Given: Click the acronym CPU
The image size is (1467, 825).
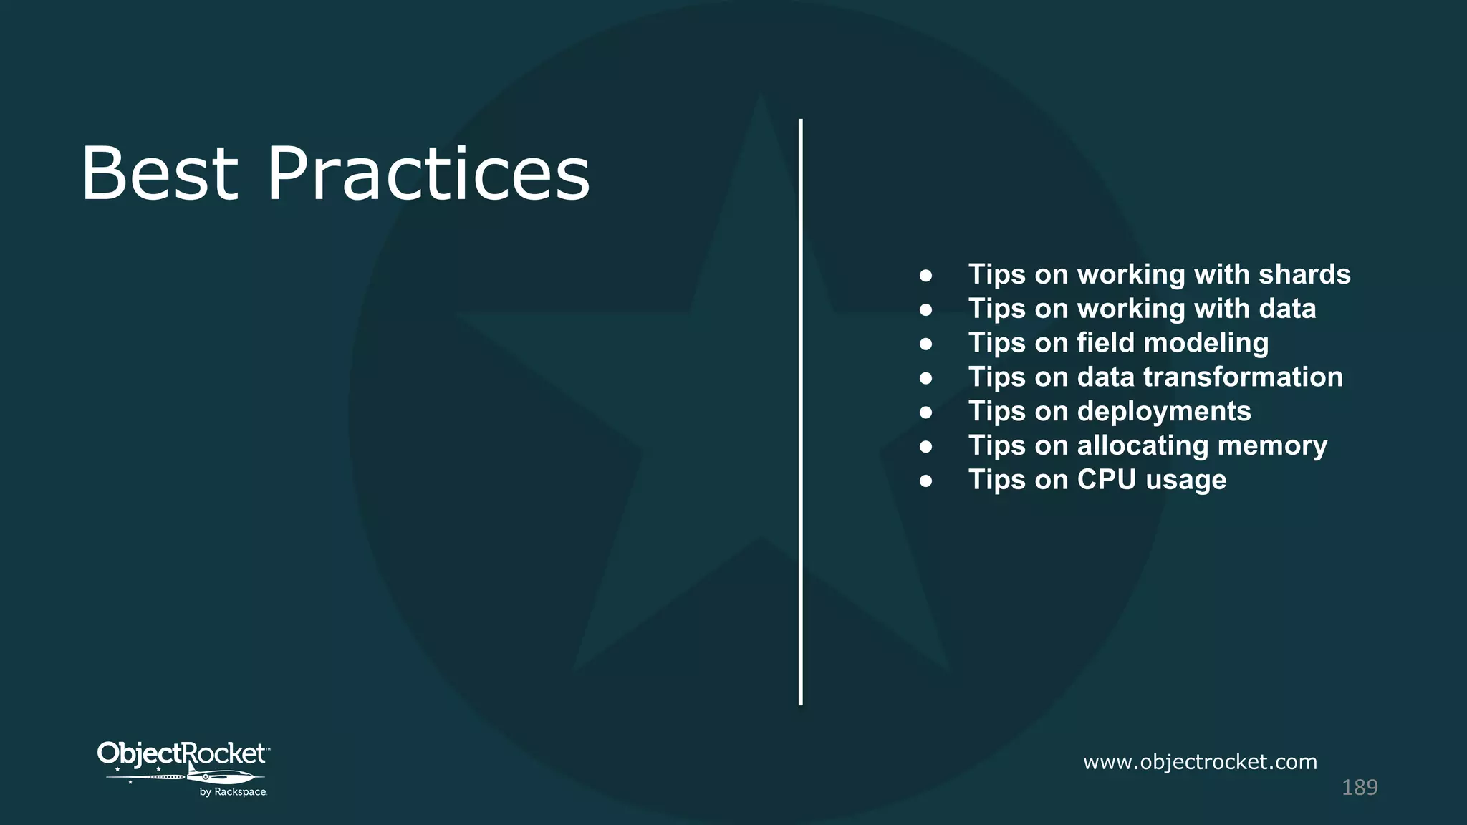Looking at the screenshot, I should pos(1107,480).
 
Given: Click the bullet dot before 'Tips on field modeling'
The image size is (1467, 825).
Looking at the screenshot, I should pos(925,344).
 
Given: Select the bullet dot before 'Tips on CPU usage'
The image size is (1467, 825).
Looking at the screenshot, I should pos(925,481).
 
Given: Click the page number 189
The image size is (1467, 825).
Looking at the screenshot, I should pos(1359,788).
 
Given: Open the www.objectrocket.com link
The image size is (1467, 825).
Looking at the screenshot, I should pos(1200,762).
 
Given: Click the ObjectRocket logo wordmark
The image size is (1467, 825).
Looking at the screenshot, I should pos(182,753).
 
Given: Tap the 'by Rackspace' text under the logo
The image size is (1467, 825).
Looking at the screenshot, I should pos(233,792).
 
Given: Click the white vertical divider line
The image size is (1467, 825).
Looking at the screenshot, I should pos(801,412).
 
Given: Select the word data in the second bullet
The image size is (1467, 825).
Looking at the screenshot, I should pos(1287,309).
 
